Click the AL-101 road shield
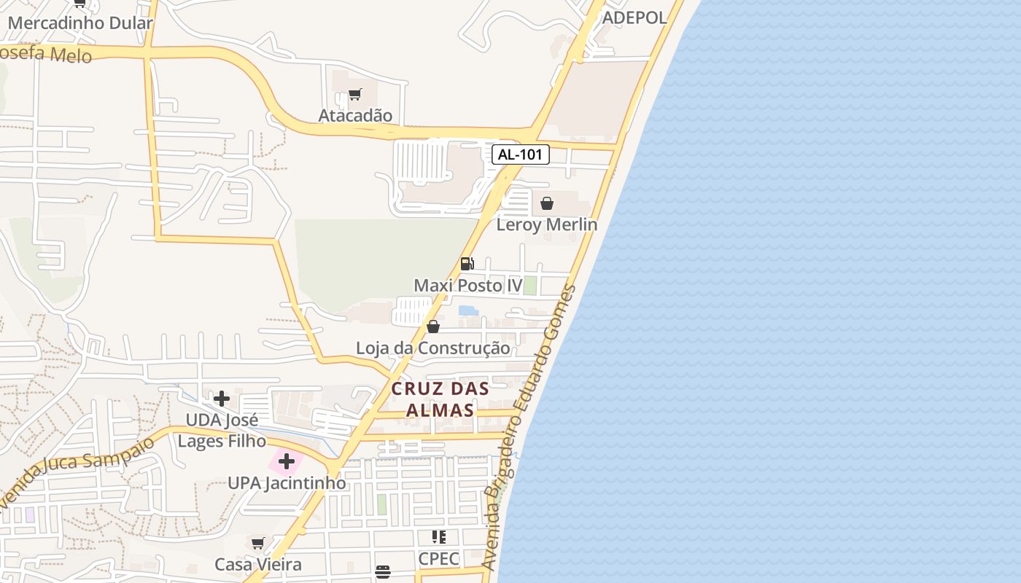pyautogui.click(x=520, y=154)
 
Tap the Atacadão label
pyautogui.click(x=355, y=115)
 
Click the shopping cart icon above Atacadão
pyautogui.click(x=355, y=94)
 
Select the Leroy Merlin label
pyautogui.click(x=546, y=224)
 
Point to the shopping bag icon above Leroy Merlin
pyautogui.click(x=546, y=203)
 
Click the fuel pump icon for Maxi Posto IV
pyautogui.click(x=467, y=263)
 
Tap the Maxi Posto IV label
pyautogui.click(x=468, y=285)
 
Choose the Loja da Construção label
pyautogui.click(x=432, y=348)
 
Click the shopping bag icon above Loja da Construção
pyautogui.click(x=432, y=326)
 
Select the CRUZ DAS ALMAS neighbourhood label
pyautogui.click(x=440, y=399)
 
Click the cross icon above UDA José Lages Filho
pyautogui.click(x=222, y=398)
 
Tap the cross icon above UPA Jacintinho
pyautogui.click(x=287, y=461)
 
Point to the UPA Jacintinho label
pyautogui.click(x=287, y=482)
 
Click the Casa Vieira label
pyautogui.click(x=257, y=564)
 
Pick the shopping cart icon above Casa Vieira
pyautogui.click(x=257, y=543)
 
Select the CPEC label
pyautogui.click(x=438, y=559)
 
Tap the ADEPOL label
pyautogui.click(x=634, y=17)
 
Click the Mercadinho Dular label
pyautogui.click(x=80, y=23)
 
